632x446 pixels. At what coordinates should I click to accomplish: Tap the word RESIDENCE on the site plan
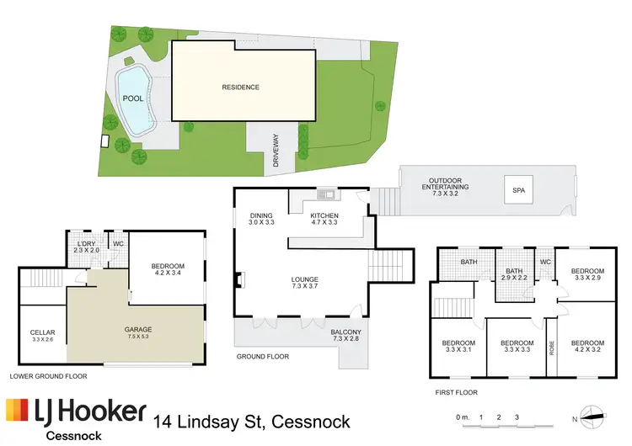click(x=240, y=88)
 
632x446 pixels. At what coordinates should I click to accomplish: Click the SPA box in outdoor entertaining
click(x=518, y=191)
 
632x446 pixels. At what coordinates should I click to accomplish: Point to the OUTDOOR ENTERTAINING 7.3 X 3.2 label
click(x=448, y=187)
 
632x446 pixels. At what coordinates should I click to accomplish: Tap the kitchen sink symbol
click(x=325, y=195)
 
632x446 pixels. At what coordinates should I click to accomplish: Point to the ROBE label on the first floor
click(x=553, y=344)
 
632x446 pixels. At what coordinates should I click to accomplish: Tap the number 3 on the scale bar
click(x=517, y=417)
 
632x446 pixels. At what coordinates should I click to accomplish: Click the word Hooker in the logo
click(x=105, y=411)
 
